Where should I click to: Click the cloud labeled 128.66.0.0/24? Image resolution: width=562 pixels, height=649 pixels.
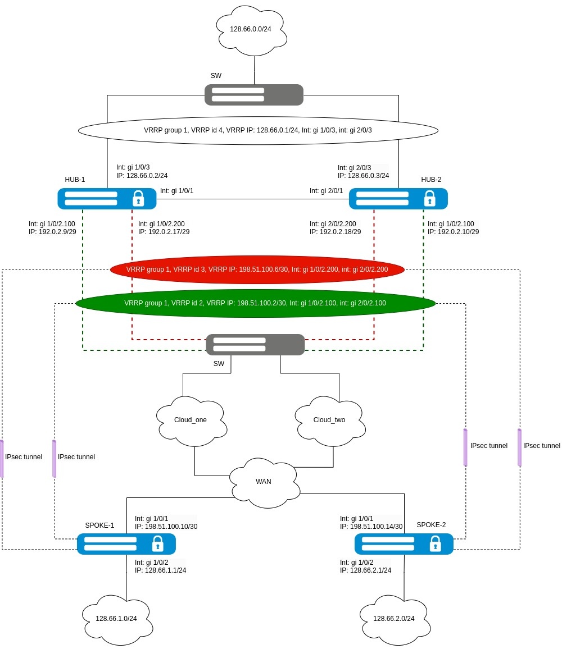pyautogui.click(x=251, y=29)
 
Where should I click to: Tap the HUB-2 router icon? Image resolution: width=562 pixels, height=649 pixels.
pyautogui.click(x=398, y=198)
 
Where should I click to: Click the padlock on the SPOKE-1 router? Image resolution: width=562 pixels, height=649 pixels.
pyautogui.click(x=158, y=543)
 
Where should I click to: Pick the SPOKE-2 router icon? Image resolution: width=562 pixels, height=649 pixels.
pyautogui.click(x=404, y=543)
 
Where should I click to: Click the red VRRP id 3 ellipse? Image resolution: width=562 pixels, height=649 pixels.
pyautogui.click(x=257, y=269)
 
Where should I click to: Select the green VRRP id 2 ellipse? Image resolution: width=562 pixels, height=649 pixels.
pyautogui.click(x=255, y=303)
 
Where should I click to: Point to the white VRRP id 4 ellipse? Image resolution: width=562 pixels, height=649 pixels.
pyautogui.click(x=257, y=130)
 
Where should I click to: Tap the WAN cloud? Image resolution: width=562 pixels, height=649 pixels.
pyautogui.click(x=264, y=481)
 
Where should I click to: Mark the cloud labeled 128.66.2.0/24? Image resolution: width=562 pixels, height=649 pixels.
pyautogui.click(x=394, y=619)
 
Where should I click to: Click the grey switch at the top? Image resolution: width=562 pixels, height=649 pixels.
pyautogui.click(x=254, y=94)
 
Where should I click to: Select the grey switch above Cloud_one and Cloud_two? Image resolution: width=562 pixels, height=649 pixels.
pyautogui.click(x=255, y=344)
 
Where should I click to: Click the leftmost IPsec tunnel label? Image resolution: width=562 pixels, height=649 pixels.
pyautogui.click(x=24, y=457)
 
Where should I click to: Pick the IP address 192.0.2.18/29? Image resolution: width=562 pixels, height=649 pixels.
pyautogui.click(x=335, y=231)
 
